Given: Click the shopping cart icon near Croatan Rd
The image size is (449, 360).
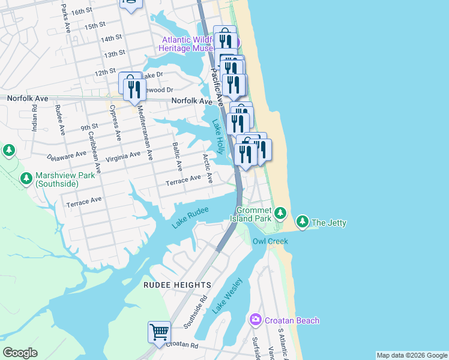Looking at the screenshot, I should point(159,332).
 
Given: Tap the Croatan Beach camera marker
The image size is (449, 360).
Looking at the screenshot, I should point(256,320).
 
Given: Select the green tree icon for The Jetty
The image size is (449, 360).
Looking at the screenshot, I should point(303,223).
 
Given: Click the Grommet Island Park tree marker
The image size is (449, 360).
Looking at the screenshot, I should point(280,213).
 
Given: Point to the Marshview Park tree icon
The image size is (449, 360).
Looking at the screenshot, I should point(26,178).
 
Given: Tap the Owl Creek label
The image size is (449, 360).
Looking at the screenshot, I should point(270,241).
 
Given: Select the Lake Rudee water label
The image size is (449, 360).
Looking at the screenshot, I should point(190,217).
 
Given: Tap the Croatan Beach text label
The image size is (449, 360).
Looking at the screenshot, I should point(291,320).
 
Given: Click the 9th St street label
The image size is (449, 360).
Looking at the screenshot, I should point(89,127).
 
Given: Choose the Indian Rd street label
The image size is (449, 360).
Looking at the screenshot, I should point(35,119).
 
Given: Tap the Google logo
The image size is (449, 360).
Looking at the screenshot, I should point(20,353).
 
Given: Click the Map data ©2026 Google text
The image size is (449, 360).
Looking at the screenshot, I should point(411,355).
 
